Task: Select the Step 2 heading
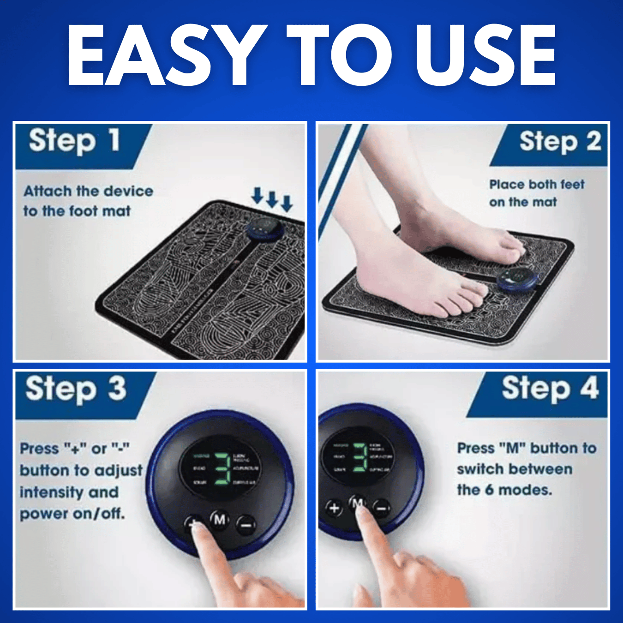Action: [560, 141]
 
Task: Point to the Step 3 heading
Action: [76, 389]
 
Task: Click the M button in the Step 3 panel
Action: [220, 520]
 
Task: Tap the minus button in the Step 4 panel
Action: [382, 509]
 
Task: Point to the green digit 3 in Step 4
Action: [360, 457]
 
